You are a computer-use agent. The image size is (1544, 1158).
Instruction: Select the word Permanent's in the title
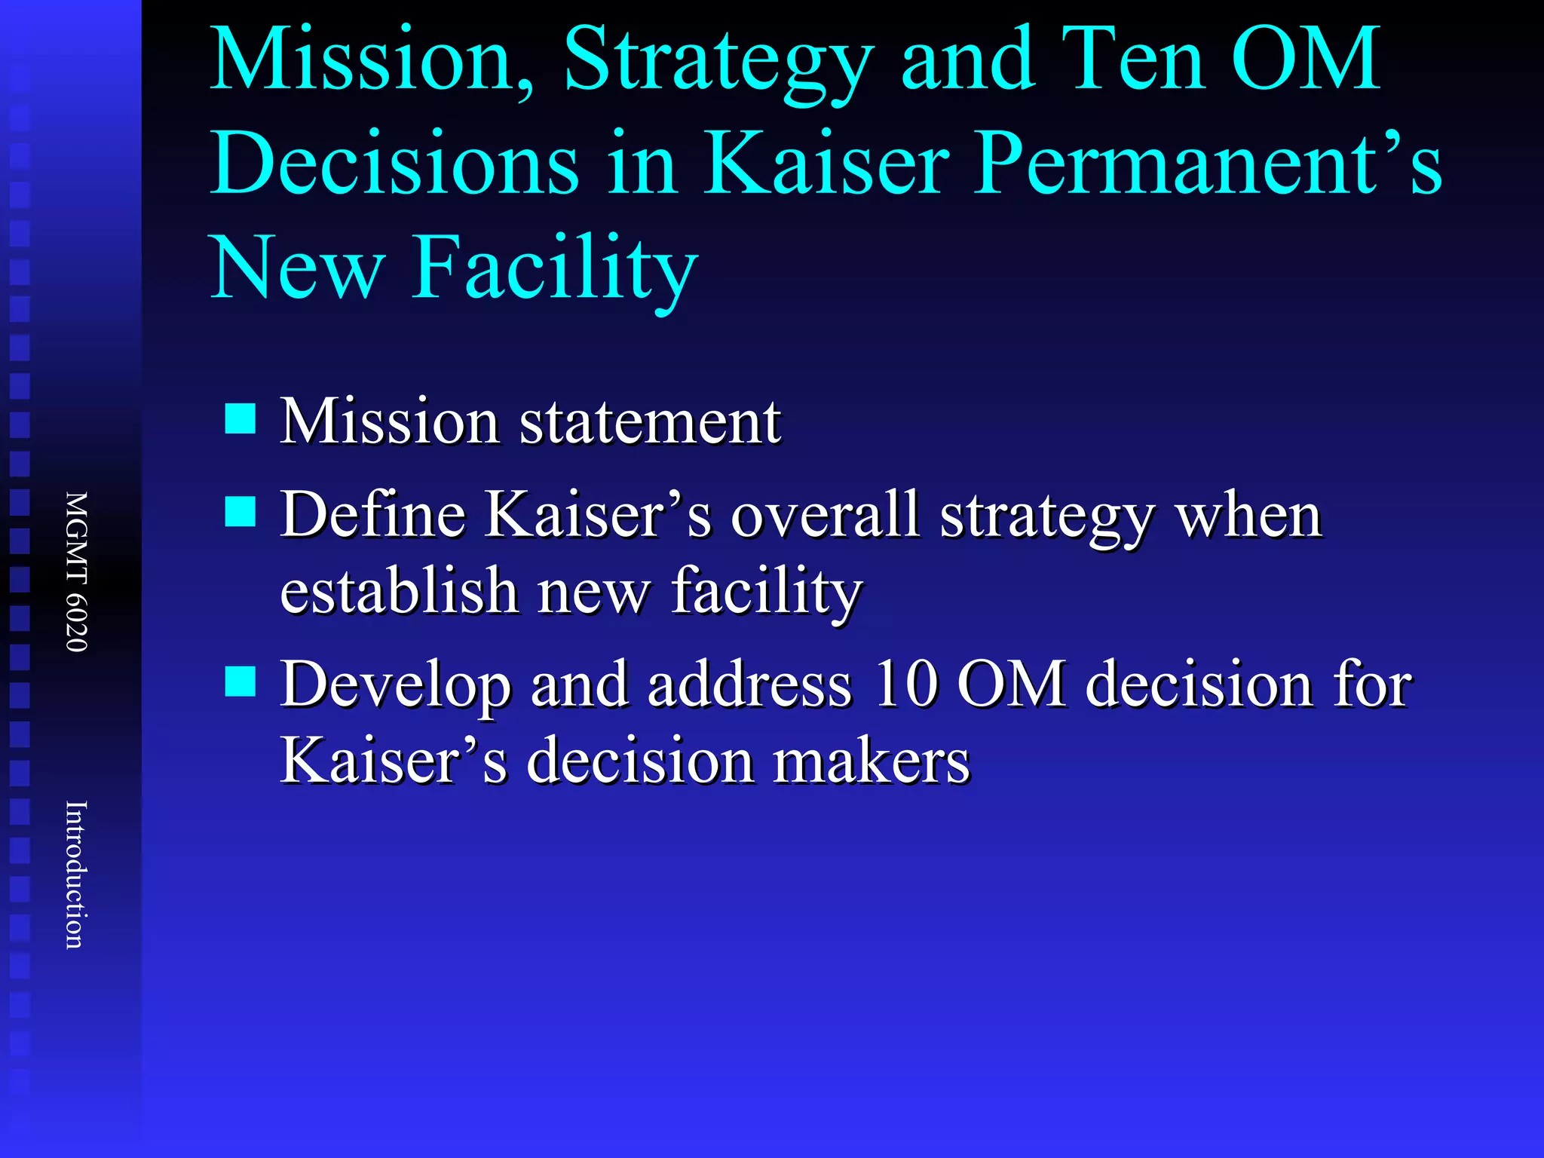pyautogui.click(x=1206, y=163)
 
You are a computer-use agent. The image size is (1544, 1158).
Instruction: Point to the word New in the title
pyautogui.click(x=298, y=268)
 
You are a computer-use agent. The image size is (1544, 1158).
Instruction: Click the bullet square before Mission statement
pyautogui.click(x=240, y=418)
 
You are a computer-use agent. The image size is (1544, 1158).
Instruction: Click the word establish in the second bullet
pyautogui.click(x=398, y=590)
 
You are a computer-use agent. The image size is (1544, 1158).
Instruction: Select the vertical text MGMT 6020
pyautogui.click(x=77, y=571)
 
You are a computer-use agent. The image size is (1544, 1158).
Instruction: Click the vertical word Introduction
pyautogui.click(x=75, y=875)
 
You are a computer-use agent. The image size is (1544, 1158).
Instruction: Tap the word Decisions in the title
pyautogui.click(x=394, y=163)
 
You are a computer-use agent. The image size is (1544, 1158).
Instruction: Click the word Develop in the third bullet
pyautogui.click(x=395, y=686)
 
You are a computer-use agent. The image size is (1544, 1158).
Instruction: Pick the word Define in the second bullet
pyautogui.click(x=373, y=515)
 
